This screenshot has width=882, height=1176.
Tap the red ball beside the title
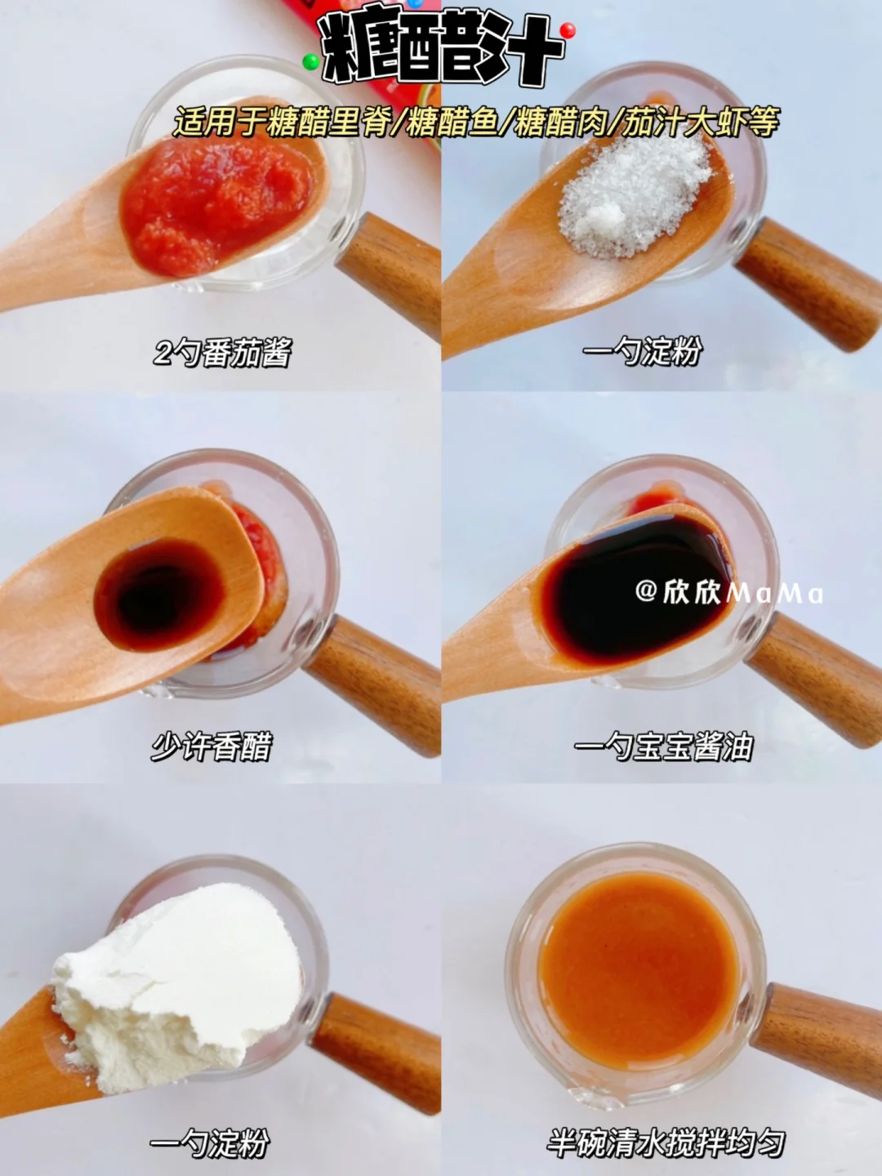coord(568,30)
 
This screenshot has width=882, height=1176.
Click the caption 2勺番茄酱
coord(222,353)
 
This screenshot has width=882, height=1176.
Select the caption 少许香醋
coord(212,746)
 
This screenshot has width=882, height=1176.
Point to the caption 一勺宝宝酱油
coord(664,746)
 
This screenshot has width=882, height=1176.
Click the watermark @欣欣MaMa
coord(729,593)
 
